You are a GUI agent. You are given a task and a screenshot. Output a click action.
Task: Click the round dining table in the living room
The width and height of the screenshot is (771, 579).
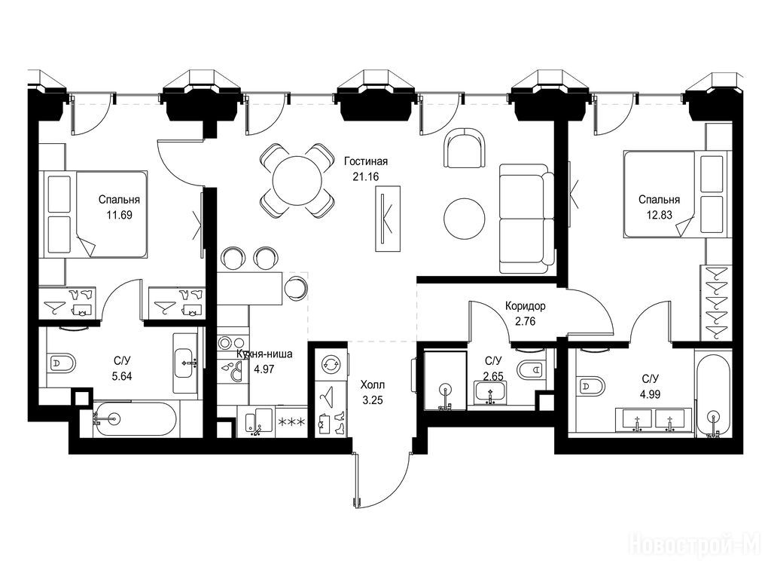(x=297, y=180)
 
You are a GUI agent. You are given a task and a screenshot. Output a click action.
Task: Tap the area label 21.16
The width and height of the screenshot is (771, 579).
(x=366, y=176)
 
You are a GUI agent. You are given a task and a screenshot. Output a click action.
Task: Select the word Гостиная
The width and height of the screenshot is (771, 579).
(x=366, y=161)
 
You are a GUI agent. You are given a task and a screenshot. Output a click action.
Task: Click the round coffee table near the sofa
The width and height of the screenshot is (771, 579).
(x=465, y=218)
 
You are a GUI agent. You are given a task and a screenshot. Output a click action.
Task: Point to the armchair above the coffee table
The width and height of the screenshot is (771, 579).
(x=465, y=148)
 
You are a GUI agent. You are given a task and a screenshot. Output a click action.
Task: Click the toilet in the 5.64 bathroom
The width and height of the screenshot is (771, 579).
(x=62, y=363)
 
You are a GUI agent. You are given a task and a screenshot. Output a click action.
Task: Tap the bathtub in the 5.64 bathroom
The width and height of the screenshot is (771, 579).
(x=135, y=419)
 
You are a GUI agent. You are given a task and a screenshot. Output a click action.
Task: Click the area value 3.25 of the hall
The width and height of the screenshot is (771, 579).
(x=372, y=400)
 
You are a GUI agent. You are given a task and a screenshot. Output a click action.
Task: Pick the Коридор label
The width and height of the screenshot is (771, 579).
(x=525, y=306)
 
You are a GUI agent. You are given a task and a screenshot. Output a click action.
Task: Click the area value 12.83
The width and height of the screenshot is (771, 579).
(x=660, y=215)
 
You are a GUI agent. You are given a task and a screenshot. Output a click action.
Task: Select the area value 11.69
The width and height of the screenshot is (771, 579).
(x=120, y=215)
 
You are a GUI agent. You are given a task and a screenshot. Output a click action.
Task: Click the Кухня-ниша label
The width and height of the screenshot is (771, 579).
(x=264, y=354)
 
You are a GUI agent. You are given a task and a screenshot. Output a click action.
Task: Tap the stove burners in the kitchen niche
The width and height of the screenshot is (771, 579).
(x=232, y=342)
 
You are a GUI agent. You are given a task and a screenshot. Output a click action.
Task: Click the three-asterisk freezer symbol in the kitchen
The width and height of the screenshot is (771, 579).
(x=292, y=422)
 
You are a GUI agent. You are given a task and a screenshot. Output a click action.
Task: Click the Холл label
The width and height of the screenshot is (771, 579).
(x=372, y=384)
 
